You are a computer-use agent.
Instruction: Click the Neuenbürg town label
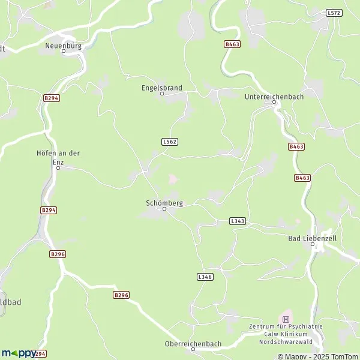tap(64, 45)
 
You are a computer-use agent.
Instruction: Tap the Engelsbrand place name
tap(161, 87)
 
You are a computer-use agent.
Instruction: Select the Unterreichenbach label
tap(274, 96)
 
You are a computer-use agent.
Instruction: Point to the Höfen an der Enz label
tap(58, 157)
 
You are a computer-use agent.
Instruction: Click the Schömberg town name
tap(164, 203)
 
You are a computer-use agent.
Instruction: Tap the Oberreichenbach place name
tap(193, 344)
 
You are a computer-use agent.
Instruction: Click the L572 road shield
tap(333, 12)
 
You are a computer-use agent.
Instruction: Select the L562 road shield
tap(170, 142)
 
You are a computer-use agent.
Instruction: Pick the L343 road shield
tap(238, 221)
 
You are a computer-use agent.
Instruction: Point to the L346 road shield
tap(205, 277)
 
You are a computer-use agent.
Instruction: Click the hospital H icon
tap(286, 318)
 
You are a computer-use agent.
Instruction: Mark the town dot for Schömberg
tap(164, 209)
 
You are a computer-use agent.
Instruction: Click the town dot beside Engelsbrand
tap(161, 94)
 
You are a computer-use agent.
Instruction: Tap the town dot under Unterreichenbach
tap(274, 102)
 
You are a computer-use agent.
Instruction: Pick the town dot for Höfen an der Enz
tap(58, 168)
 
